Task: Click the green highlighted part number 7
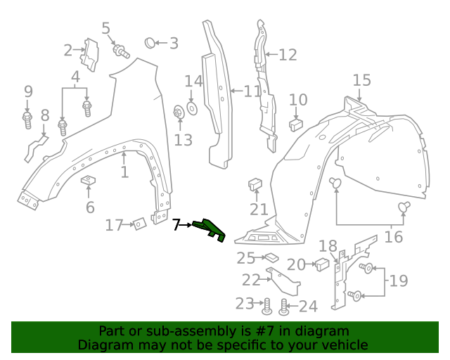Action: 209,230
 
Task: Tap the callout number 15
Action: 361,80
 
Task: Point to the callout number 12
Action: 288,55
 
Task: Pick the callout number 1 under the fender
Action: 124,172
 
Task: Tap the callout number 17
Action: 114,225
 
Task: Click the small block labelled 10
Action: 296,124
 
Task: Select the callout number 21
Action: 259,209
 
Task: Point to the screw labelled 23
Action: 267,307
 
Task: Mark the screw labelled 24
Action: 284,307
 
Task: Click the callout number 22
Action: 251,280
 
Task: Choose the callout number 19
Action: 398,281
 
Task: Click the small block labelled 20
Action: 321,264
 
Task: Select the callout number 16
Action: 394,236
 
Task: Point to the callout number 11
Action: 252,91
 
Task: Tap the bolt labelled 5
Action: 121,51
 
